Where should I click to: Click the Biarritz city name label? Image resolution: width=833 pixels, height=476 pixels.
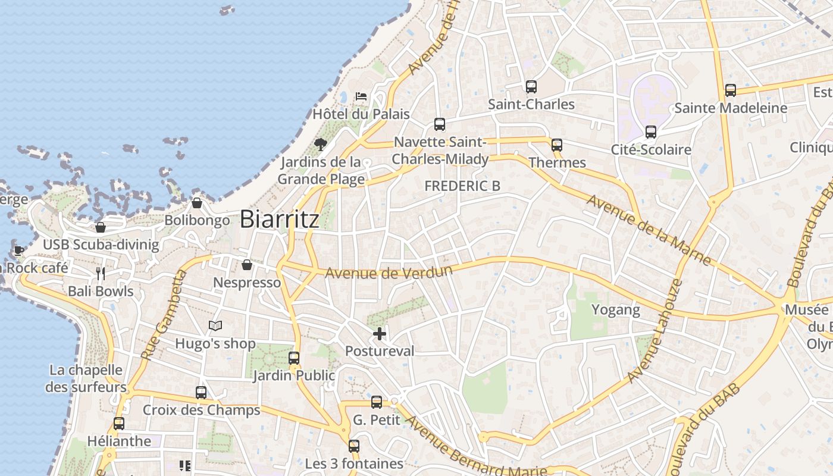pyautogui.click(x=279, y=220)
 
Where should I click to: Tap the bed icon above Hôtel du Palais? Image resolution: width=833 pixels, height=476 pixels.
pyautogui.click(x=361, y=96)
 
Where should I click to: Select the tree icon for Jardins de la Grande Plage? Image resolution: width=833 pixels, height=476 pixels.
pyautogui.click(x=321, y=144)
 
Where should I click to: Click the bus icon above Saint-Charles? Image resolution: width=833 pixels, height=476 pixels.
pyautogui.click(x=531, y=87)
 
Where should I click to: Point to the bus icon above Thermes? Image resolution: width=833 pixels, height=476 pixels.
pyautogui.click(x=557, y=145)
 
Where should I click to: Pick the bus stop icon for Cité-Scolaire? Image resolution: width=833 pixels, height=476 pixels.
pyautogui.click(x=651, y=132)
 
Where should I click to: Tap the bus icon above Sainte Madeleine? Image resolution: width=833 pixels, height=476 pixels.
pyautogui.click(x=731, y=90)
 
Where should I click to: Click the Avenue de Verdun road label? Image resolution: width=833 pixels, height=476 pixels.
pyautogui.click(x=389, y=272)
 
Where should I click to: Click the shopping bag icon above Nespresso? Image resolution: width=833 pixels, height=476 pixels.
pyautogui.click(x=247, y=265)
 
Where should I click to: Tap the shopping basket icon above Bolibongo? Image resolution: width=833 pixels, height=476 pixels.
pyautogui.click(x=197, y=203)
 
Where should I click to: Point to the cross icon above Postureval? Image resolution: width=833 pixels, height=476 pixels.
pyautogui.click(x=380, y=334)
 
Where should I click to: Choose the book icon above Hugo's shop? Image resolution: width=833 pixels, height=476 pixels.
pyautogui.click(x=215, y=326)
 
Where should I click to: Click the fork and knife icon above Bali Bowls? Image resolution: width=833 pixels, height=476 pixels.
pyautogui.click(x=101, y=274)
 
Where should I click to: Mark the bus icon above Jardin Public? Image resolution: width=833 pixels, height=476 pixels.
pyautogui.click(x=294, y=358)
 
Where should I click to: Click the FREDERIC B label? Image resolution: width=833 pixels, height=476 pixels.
pyautogui.click(x=462, y=186)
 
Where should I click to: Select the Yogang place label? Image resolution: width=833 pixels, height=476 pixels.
pyautogui.click(x=615, y=309)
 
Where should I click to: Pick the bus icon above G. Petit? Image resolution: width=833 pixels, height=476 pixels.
pyautogui.click(x=377, y=402)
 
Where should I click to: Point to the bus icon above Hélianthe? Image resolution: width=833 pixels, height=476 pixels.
pyautogui.click(x=119, y=424)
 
